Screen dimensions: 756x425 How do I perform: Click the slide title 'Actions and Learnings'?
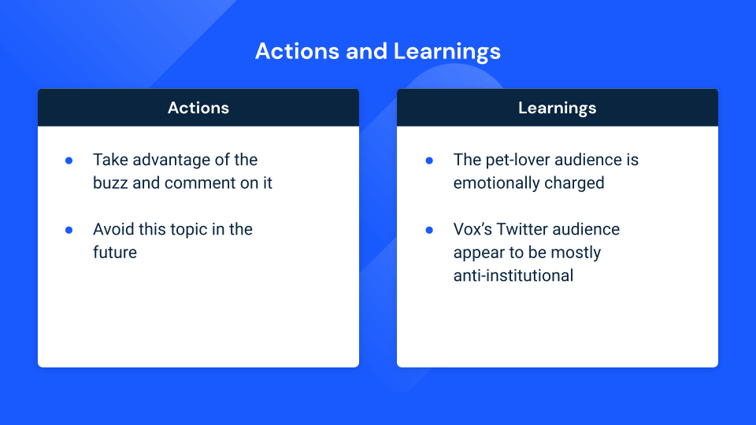coord(378,51)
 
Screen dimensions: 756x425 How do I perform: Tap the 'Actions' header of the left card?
coord(198,108)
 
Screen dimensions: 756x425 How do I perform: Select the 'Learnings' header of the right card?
coord(558,108)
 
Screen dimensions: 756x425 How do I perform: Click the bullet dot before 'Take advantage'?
coord(69,161)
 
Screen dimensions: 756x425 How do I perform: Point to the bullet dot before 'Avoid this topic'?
coord(69,230)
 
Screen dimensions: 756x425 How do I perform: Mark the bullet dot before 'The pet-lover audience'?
coord(429,161)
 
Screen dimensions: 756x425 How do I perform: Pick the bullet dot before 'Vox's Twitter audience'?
coord(429,230)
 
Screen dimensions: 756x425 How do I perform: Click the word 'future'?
coord(115,253)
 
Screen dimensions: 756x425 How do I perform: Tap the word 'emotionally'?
coord(496,183)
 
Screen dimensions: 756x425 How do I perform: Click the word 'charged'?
coord(574,183)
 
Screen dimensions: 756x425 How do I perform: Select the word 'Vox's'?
coord(472,229)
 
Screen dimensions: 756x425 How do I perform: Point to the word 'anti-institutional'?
coord(513,275)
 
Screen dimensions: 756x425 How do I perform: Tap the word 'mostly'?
coord(576,253)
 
